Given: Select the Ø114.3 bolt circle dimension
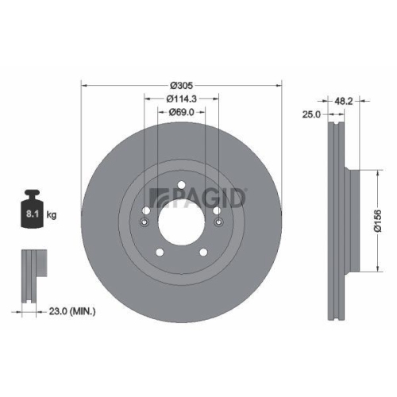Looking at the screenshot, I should (182, 99).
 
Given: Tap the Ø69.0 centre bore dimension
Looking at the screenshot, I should (183, 114).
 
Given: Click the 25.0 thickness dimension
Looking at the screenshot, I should (311, 115).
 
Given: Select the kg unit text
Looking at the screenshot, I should (52, 214).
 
